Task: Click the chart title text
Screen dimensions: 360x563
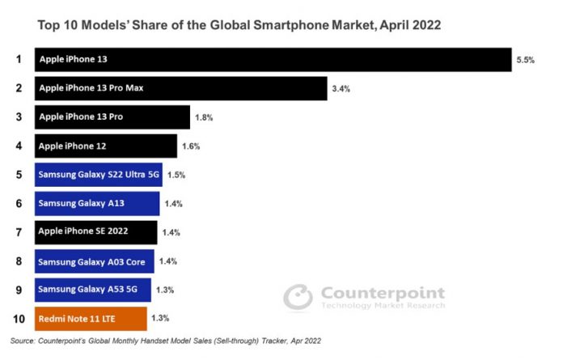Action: (x=240, y=25)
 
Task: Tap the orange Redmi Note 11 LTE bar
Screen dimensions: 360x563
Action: (x=91, y=318)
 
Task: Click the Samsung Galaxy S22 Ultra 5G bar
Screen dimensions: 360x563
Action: (x=99, y=175)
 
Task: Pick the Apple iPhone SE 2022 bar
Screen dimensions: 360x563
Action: (x=96, y=232)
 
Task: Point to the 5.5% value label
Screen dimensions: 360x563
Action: (x=526, y=61)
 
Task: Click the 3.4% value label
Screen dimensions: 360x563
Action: (x=341, y=89)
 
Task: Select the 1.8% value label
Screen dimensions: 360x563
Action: (x=204, y=118)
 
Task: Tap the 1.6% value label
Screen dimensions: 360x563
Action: (x=191, y=146)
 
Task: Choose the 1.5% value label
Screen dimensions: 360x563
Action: (x=176, y=175)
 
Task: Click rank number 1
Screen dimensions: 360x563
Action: (x=18, y=59)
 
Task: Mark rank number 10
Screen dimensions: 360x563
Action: (x=18, y=318)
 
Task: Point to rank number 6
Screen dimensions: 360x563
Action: (x=18, y=203)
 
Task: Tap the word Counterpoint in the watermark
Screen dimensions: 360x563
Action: (x=383, y=292)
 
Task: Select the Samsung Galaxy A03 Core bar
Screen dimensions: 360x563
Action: (x=95, y=261)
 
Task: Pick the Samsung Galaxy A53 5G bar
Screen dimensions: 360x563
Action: (x=93, y=290)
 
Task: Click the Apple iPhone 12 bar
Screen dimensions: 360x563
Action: (x=106, y=146)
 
